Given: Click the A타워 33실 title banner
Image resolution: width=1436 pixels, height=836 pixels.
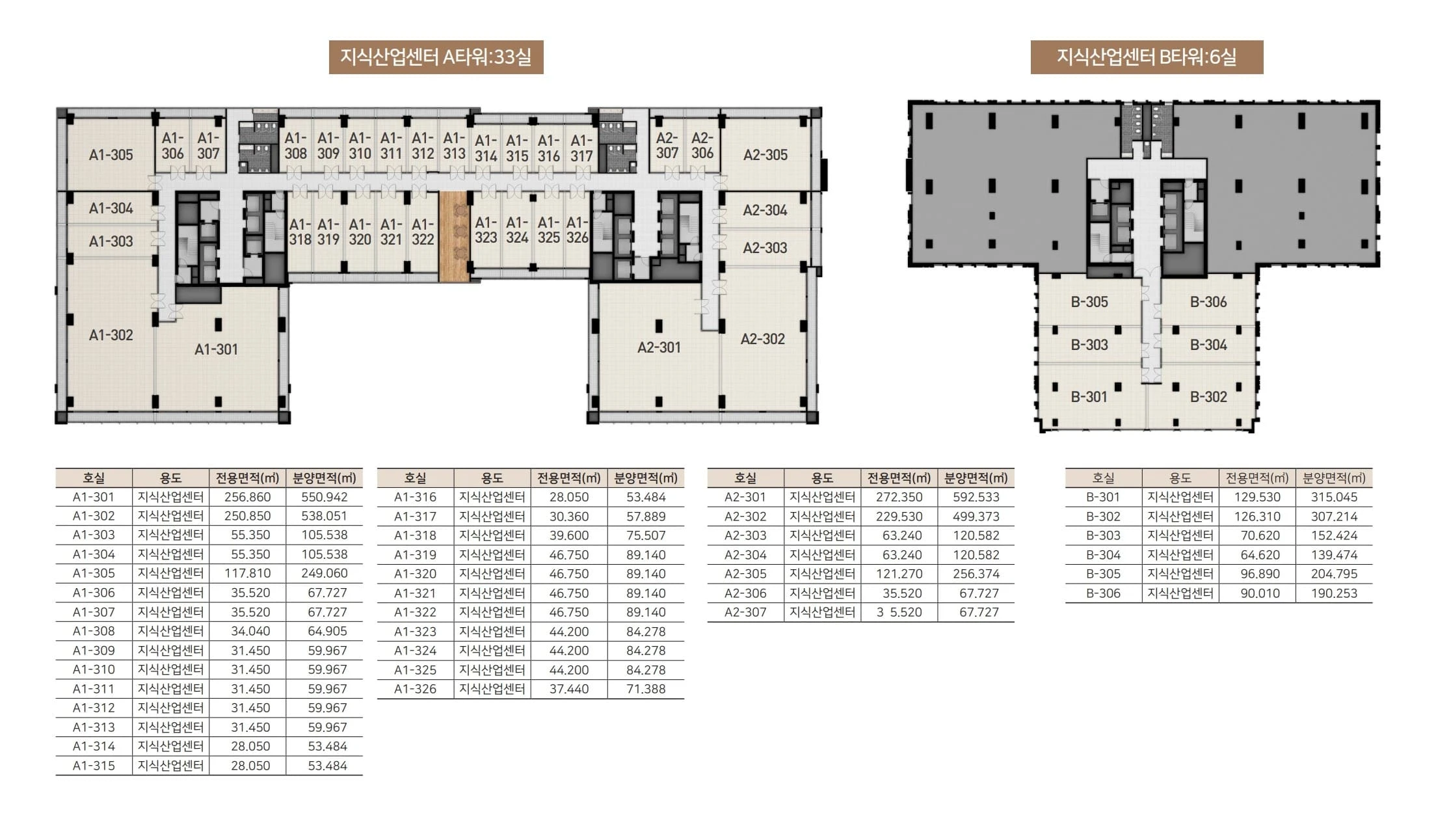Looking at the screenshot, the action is [x=436, y=57].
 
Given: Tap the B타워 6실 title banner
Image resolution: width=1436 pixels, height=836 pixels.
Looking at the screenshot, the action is [x=1147, y=57].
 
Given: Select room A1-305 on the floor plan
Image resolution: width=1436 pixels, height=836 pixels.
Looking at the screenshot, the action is [x=111, y=155].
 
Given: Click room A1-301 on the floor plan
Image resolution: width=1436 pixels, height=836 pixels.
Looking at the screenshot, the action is [x=217, y=349].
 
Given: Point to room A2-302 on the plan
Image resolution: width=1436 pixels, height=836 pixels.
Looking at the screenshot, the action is [x=763, y=339].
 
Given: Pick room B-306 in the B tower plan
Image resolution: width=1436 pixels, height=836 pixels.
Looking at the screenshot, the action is [x=1208, y=302].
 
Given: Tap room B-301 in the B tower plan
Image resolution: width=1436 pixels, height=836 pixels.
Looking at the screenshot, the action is [x=1089, y=396].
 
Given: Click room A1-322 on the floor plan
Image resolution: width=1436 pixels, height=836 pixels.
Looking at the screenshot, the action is [x=423, y=232].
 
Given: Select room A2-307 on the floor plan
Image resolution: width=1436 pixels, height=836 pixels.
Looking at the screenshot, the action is [x=667, y=146].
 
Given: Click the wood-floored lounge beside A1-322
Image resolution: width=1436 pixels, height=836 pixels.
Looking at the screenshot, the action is [x=455, y=236].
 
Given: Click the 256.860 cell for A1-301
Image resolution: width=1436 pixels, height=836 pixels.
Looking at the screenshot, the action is [x=247, y=497].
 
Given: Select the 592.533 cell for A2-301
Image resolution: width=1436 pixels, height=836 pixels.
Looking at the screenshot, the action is [x=976, y=497].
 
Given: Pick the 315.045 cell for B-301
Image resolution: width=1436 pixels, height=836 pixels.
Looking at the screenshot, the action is [x=1334, y=497].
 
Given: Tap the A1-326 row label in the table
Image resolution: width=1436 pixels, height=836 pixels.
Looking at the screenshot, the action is [x=415, y=689].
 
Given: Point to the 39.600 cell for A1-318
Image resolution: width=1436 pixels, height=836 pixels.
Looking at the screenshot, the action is [x=569, y=535].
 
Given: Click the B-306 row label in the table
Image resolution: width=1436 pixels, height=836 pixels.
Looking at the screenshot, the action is [x=1103, y=593].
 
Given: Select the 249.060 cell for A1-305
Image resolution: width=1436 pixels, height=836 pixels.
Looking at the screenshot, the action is [x=325, y=573].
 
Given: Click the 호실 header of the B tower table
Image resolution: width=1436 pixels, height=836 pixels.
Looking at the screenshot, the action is [x=1103, y=478].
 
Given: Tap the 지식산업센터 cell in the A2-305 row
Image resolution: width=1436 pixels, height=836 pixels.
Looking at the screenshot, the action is [x=822, y=574].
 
